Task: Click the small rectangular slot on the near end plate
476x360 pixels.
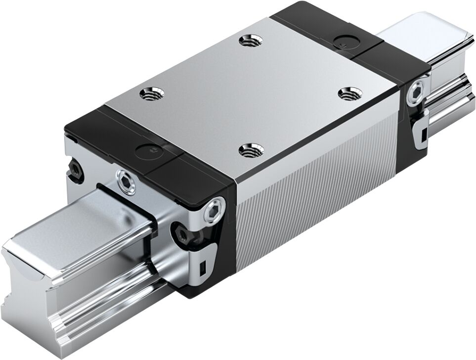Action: (202, 269)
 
